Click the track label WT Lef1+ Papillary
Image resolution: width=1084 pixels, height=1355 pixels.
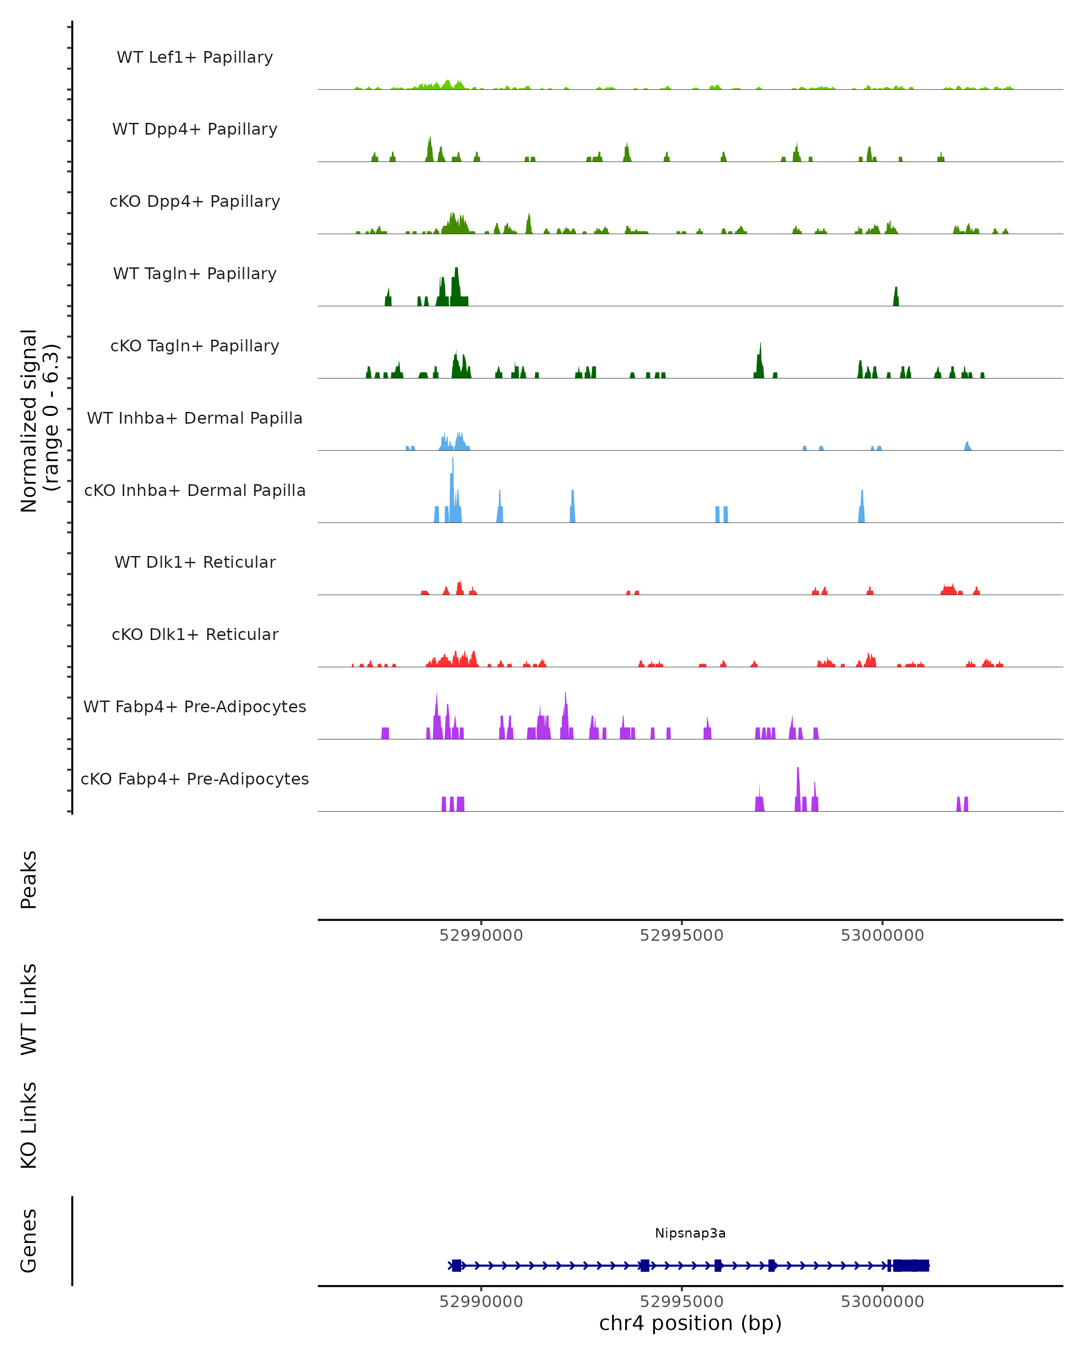point(195,57)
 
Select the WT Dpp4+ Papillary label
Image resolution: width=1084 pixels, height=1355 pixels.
point(195,130)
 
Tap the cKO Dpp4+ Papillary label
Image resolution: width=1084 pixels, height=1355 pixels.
point(195,202)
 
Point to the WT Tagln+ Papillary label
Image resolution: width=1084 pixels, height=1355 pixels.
point(195,274)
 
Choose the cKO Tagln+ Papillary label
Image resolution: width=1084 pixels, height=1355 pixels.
point(195,346)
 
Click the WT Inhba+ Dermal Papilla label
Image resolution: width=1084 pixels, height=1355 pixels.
point(195,419)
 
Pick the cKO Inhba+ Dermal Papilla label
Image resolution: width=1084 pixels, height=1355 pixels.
point(195,491)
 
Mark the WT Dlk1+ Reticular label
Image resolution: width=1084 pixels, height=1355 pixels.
point(195,562)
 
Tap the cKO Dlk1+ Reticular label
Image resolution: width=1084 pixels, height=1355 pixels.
point(195,635)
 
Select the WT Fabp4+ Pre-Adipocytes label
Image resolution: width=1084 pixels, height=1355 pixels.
point(195,707)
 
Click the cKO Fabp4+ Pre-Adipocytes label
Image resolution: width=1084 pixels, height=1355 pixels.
point(195,779)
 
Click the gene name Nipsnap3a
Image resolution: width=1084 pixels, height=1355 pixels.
point(690,1234)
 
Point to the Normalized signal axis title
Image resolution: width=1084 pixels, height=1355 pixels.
point(39,421)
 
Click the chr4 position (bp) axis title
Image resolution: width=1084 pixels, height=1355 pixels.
point(690,1323)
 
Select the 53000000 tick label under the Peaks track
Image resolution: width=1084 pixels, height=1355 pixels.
point(882,936)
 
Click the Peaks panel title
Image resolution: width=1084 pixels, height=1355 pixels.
point(29,880)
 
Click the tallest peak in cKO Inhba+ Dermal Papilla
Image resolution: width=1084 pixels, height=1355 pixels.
point(453,459)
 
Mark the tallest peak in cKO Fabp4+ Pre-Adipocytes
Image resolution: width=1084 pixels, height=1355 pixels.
point(798,769)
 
